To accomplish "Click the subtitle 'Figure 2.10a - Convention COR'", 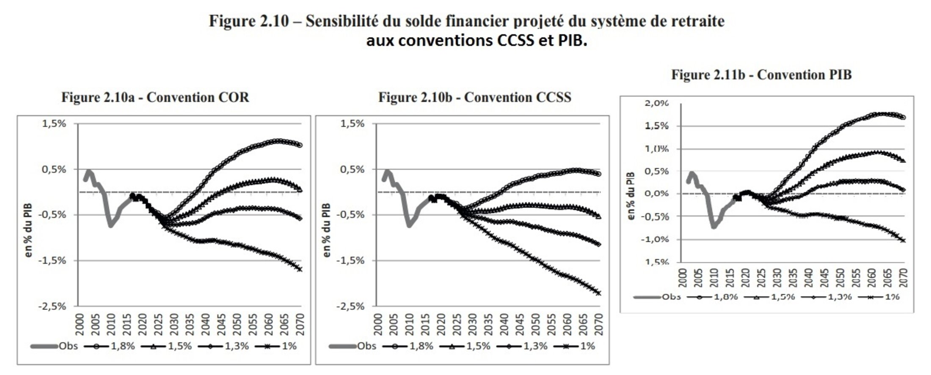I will click(155, 98).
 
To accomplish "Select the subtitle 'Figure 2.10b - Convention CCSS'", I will click(474, 98).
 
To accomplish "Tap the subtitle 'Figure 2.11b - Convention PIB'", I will click(761, 75).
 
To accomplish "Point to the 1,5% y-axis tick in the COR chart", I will click(55, 124).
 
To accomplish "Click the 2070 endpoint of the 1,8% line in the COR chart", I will click(300, 145).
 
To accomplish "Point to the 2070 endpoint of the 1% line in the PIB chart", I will click(903, 240).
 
